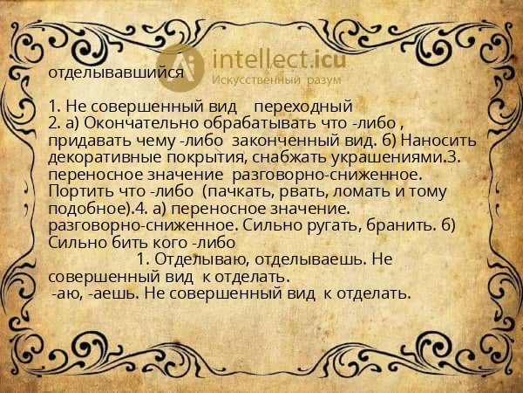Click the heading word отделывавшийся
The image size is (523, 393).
click(115, 73)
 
